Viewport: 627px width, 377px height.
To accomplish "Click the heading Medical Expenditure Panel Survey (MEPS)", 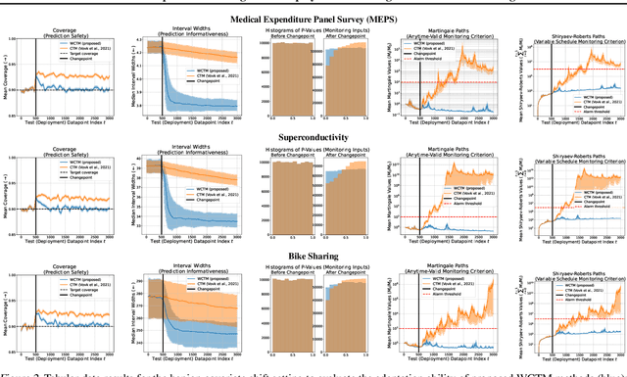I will [313, 18].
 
